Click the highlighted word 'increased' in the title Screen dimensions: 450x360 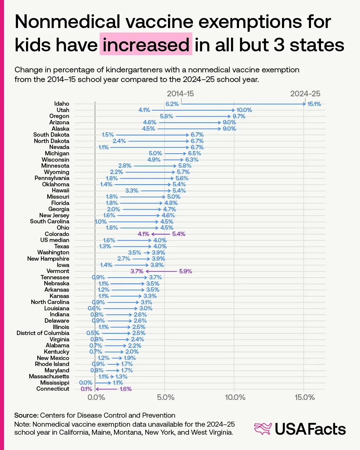pos(146,45)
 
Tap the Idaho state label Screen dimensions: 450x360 pos(62,104)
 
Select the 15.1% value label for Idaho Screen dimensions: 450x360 pos(314,104)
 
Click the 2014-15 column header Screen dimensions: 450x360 pos(180,94)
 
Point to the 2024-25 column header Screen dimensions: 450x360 pos(305,94)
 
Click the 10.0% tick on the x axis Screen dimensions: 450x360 pos(235,397)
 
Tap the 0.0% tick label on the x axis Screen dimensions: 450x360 pos(96,397)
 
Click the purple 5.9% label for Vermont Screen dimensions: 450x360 pos(186,271)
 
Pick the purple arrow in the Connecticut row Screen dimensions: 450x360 pos(106,389)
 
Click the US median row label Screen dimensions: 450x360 pos(55,240)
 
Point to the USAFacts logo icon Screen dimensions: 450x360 pos(263,429)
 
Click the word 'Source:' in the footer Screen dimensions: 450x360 pos(26,415)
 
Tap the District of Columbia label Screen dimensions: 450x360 pos(43,333)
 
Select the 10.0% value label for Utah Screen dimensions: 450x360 pos(244,110)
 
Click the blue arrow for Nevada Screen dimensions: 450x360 pos(149,147)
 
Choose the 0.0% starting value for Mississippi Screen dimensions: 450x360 pos(86,383)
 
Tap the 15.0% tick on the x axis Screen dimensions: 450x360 pos(305,397)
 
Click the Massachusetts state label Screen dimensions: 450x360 pos(49,376)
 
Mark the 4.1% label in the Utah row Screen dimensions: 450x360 pos(144,110)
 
